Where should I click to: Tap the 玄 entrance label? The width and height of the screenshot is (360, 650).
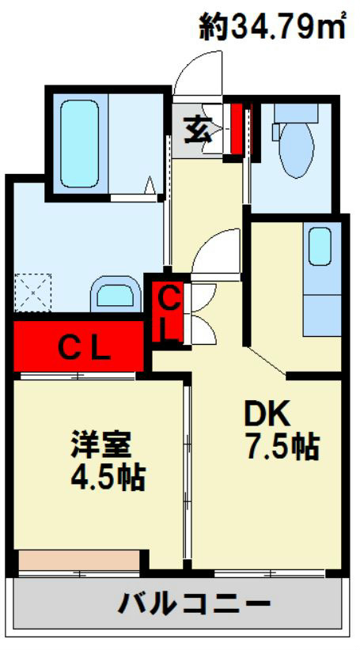pos(198,128)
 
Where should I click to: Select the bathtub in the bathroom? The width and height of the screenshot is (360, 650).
pos(80,142)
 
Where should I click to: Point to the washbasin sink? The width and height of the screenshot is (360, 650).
pos(116,295)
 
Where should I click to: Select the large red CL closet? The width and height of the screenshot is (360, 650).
pos(79,345)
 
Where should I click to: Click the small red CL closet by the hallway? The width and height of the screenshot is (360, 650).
pos(169,312)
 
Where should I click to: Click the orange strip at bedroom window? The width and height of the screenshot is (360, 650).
pos(77,560)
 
